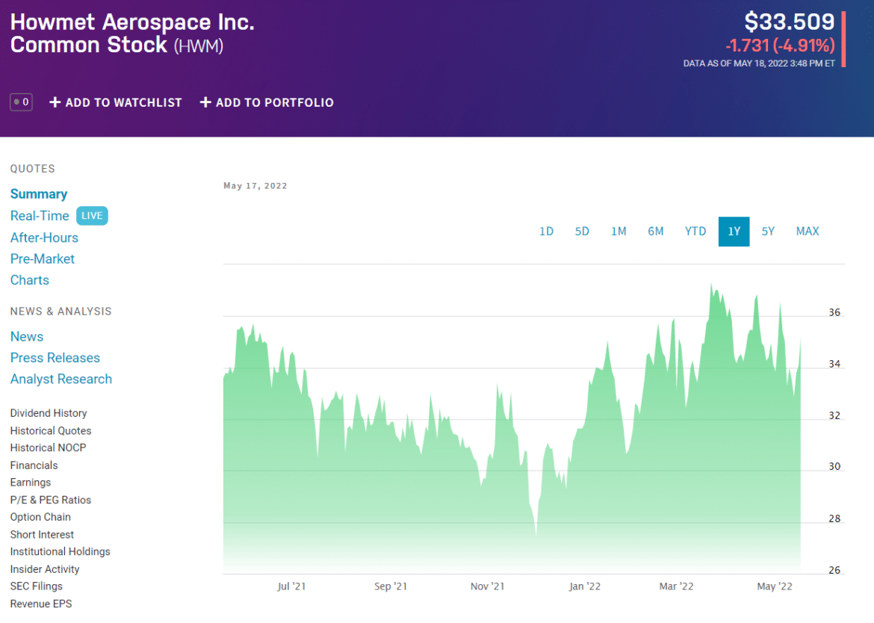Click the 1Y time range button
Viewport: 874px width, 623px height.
[x=734, y=232]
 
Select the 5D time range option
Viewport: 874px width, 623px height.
[x=582, y=232]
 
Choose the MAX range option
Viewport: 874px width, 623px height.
[x=808, y=232]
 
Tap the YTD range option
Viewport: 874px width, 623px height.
[x=695, y=232]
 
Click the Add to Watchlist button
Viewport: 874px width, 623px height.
[x=116, y=102]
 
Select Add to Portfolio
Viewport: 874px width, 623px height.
[x=267, y=102]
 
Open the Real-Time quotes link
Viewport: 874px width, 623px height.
[x=40, y=216]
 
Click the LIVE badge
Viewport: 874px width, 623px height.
[x=92, y=216]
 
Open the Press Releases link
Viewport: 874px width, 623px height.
[x=55, y=358]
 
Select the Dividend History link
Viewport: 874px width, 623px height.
[x=49, y=413]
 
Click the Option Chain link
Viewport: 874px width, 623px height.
[x=40, y=517]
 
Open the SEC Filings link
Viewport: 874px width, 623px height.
[x=37, y=586]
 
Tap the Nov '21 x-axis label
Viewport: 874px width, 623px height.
[x=487, y=586]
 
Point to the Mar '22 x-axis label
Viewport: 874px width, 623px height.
[x=677, y=586]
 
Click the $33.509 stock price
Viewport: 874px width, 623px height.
[x=789, y=22]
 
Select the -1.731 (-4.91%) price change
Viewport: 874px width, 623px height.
[x=780, y=46]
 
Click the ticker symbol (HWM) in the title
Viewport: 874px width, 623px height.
[x=199, y=46]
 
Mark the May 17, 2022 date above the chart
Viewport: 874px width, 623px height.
[x=255, y=186]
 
